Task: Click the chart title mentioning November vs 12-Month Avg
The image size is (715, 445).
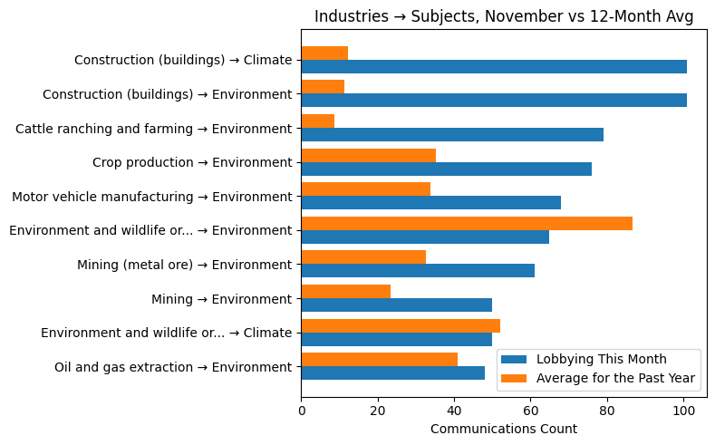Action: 503,16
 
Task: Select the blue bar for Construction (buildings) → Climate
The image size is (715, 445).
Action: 493,66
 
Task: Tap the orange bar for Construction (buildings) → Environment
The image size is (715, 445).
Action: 323,87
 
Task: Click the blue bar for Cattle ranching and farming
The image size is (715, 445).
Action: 451,135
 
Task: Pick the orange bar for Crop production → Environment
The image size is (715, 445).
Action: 368,155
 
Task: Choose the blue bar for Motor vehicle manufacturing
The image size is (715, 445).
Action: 430,203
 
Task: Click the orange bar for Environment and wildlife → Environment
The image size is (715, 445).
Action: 466,223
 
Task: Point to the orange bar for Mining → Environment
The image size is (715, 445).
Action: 345,291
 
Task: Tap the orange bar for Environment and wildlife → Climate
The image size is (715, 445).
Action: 400,325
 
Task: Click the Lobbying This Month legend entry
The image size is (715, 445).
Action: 601,358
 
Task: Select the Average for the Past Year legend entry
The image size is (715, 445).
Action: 614,378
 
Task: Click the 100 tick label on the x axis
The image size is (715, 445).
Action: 683,410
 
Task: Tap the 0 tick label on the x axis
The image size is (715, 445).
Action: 301,410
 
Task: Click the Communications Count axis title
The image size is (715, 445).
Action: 503,429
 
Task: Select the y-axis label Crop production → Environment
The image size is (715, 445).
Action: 192,162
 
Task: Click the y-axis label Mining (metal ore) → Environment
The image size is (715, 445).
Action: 185,265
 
